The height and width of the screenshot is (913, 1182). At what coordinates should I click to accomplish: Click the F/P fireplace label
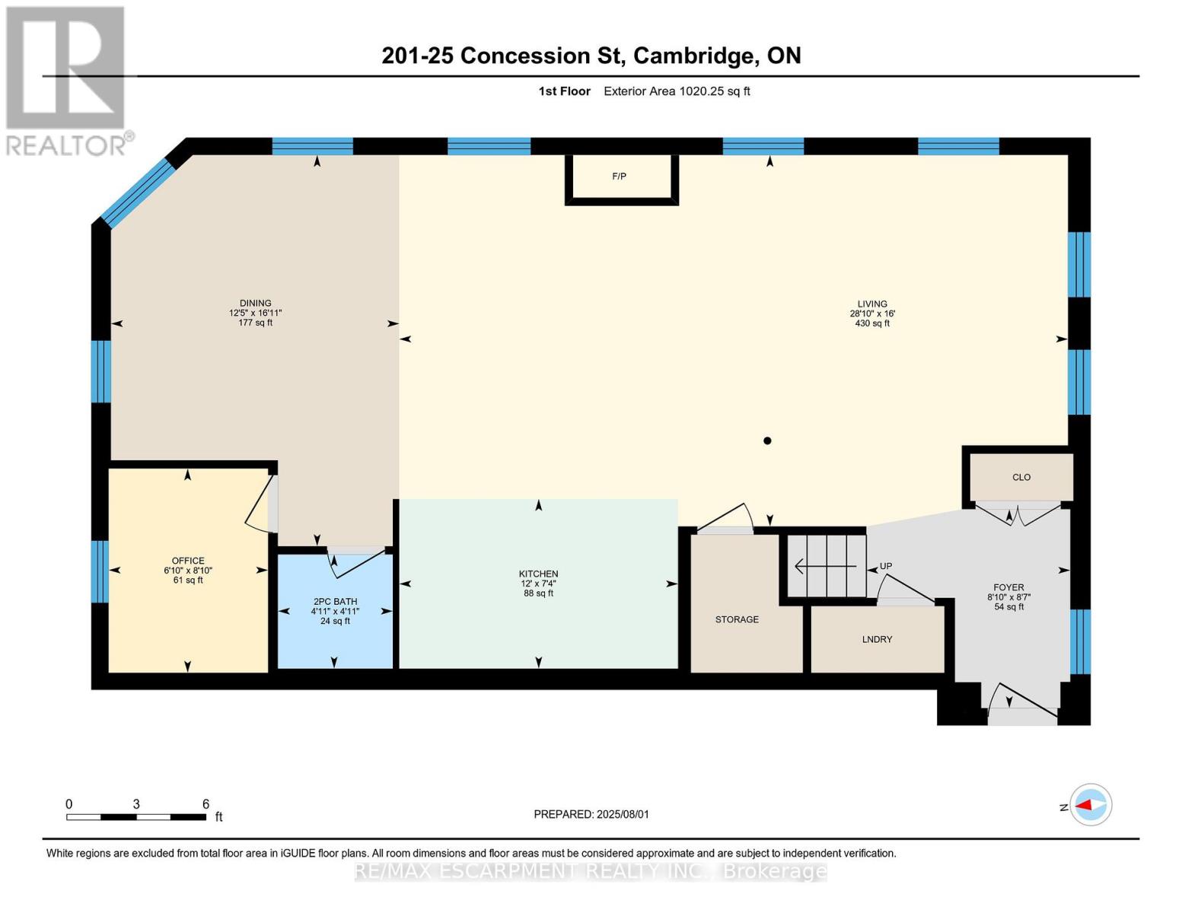click(619, 177)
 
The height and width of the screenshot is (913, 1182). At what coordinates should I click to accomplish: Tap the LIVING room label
click(872, 304)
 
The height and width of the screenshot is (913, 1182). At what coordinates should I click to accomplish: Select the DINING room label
click(255, 303)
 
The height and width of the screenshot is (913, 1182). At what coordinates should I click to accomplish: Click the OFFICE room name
click(188, 561)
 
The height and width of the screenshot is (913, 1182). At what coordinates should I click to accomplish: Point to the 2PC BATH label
click(334, 602)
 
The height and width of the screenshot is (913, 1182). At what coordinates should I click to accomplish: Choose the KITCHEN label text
click(538, 574)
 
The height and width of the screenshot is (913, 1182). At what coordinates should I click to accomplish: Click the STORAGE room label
click(737, 619)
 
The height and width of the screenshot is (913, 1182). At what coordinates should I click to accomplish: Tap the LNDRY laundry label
click(877, 639)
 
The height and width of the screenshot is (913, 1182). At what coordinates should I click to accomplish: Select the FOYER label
click(1008, 587)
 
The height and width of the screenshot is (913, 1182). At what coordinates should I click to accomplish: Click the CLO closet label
click(1021, 477)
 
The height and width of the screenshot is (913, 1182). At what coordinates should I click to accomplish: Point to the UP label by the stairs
click(886, 566)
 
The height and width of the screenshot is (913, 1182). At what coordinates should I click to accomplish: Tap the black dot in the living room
click(767, 441)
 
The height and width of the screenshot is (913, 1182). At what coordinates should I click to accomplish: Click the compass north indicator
click(1090, 805)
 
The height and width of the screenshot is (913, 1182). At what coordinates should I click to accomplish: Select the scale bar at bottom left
click(136, 817)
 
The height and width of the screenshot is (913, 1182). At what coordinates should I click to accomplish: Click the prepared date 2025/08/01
click(591, 814)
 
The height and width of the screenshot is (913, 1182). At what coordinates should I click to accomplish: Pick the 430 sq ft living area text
click(872, 323)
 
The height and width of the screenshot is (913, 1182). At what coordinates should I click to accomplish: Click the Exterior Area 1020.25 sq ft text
click(677, 91)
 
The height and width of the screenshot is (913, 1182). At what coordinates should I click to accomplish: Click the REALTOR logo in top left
click(67, 80)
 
